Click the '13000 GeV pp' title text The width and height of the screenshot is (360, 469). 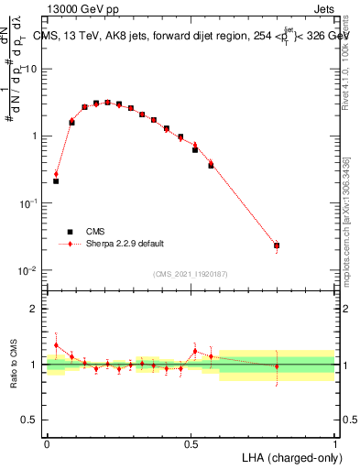(x=80, y=10)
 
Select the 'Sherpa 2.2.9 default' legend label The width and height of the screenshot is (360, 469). (x=125, y=244)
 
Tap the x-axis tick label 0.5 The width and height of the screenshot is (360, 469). (x=191, y=444)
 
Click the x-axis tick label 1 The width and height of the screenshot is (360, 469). (x=334, y=444)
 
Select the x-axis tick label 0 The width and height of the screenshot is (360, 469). (x=47, y=444)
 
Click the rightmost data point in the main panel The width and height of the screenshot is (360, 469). (x=277, y=245)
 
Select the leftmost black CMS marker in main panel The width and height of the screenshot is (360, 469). (x=56, y=181)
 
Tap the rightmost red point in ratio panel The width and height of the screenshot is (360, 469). (x=277, y=366)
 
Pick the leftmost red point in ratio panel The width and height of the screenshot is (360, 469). (x=56, y=345)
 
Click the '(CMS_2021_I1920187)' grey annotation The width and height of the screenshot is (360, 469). (x=191, y=274)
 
